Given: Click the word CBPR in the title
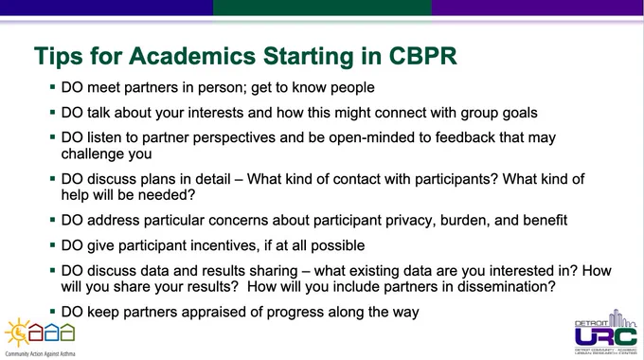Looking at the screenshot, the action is click(422, 56).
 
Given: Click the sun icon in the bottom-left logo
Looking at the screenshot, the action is click(17, 333).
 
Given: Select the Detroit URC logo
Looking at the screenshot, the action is click(606, 333).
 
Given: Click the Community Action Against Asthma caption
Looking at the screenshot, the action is click(40, 353).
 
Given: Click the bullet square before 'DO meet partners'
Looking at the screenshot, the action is click(53, 87).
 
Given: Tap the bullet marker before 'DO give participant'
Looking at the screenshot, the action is click(53, 245).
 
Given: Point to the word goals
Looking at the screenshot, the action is click(520, 113).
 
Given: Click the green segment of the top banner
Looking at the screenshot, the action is click(322, 8).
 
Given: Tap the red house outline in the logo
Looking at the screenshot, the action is click(35, 333).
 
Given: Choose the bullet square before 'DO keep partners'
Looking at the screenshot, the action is click(53, 312).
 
